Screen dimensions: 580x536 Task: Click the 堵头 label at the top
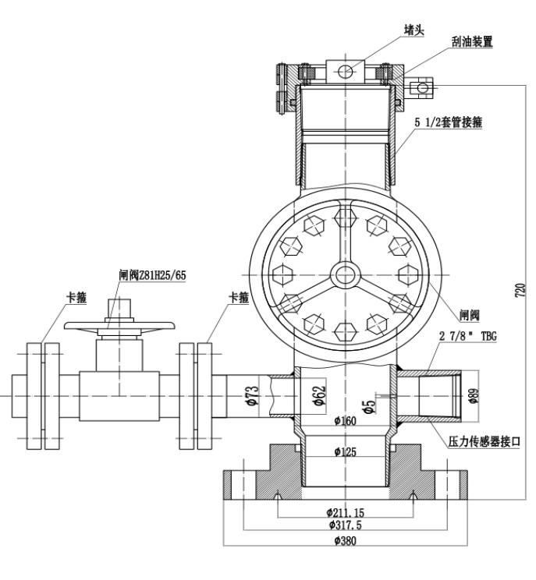coord(414,30)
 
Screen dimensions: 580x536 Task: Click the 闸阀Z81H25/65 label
coord(154,275)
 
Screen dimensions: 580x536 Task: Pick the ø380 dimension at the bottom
coord(345,540)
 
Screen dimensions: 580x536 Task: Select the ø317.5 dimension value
coord(345,525)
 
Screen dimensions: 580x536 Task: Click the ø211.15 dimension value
coord(345,512)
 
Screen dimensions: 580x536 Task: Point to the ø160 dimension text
coord(345,422)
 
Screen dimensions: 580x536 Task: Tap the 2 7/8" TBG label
coord(467,337)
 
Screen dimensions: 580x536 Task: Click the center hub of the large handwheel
coord(344,275)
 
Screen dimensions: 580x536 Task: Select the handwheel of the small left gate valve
coord(108,326)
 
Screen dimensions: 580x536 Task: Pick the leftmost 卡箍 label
coord(76,297)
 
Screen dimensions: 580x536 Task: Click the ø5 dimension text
coord(371,405)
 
